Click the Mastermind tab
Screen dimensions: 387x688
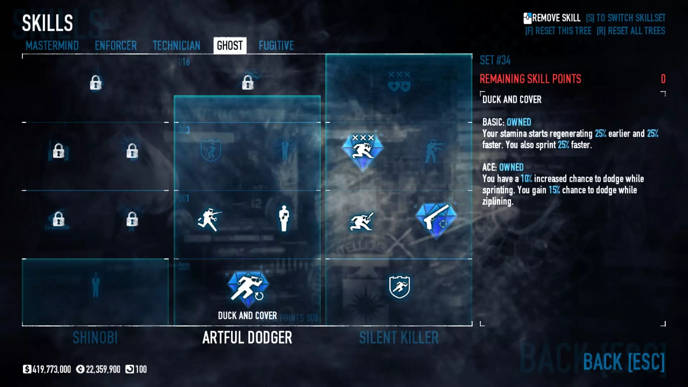[x=52, y=46]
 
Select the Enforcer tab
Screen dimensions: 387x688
[x=116, y=46]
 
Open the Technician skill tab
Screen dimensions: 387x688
[x=176, y=46]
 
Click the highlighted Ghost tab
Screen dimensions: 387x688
[x=230, y=46]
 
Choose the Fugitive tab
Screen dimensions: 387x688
[x=276, y=46]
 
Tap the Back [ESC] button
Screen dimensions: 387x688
[x=624, y=362]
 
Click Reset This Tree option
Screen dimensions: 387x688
[x=558, y=31]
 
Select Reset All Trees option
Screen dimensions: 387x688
[x=631, y=31]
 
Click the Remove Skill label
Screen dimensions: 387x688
[x=555, y=18]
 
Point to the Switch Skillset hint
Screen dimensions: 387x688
[x=626, y=18]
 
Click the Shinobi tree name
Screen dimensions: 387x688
[x=95, y=338]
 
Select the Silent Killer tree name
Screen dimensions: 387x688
[x=399, y=338]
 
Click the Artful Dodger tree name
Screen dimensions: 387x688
[x=247, y=338]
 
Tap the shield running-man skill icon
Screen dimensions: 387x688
[x=399, y=287]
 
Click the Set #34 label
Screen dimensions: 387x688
[x=495, y=60]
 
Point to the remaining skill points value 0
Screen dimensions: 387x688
[x=663, y=79]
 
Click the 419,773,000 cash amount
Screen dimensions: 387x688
[x=51, y=369]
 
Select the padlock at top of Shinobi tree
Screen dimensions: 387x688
[x=96, y=83]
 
